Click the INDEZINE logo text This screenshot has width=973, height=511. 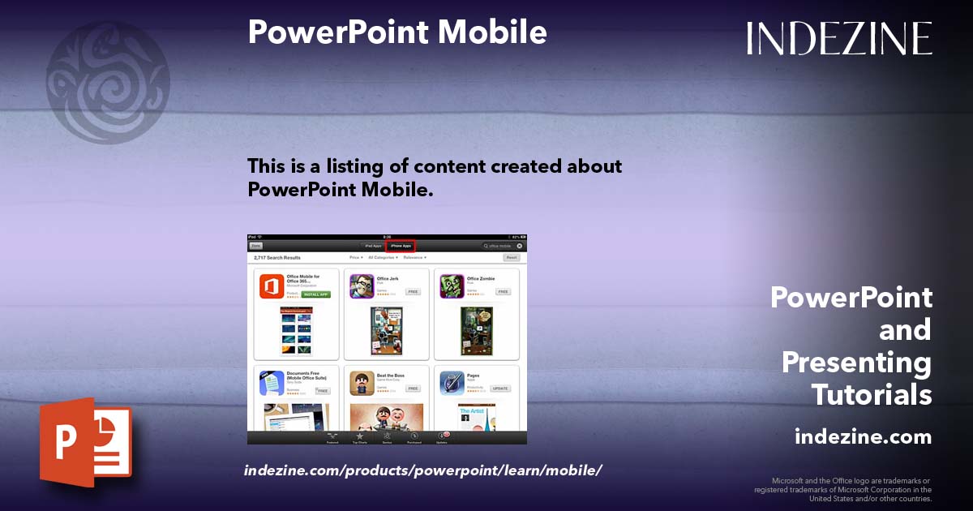(x=839, y=38)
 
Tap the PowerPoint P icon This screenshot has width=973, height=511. (x=85, y=442)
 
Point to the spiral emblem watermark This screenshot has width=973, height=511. (x=108, y=82)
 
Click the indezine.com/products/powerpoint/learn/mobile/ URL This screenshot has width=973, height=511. (x=422, y=470)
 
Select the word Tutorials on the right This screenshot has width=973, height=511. (x=872, y=395)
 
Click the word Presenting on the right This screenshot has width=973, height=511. (x=856, y=362)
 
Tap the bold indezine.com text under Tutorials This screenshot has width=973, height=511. (x=863, y=437)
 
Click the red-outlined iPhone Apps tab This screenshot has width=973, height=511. (x=401, y=245)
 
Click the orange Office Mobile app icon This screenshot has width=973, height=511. (x=272, y=286)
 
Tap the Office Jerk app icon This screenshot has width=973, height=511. (x=362, y=286)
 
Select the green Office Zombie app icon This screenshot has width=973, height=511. (x=452, y=286)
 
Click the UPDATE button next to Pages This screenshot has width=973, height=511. (x=500, y=389)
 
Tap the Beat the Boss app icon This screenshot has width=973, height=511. (x=362, y=383)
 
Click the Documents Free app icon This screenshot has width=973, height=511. (x=272, y=383)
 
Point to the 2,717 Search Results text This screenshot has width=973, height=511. (x=272, y=257)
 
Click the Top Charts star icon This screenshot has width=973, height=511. (x=359, y=437)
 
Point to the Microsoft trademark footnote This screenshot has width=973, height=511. (x=843, y=489)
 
